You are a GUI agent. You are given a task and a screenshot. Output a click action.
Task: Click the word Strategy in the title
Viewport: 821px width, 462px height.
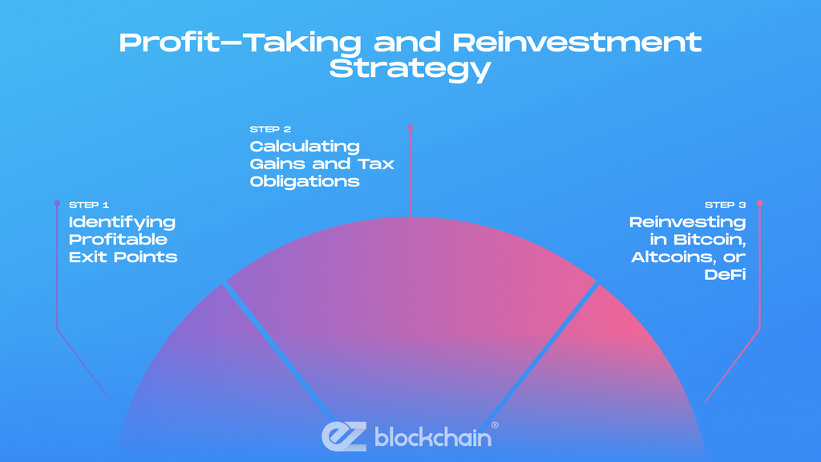[410, 68]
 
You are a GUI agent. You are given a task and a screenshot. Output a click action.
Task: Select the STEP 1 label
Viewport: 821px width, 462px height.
[88, 205]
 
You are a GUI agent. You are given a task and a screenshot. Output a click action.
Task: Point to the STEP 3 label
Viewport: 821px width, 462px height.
[725, 205]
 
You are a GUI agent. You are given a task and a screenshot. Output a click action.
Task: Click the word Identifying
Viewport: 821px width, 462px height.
[122, 222]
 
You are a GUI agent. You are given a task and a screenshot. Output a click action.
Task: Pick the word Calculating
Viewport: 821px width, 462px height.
[305, 146]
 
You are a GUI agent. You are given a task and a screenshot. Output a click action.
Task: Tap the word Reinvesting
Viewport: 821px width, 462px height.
[687, 222]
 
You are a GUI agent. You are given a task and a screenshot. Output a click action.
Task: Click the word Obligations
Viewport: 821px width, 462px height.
[305, 181]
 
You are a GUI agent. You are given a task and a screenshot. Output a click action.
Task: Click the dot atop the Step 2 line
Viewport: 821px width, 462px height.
[410, 127]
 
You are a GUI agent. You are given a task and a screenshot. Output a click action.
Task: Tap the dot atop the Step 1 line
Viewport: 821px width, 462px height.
[56, 203]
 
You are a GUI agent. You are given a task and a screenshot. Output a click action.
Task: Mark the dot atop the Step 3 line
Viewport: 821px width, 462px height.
[759, 203]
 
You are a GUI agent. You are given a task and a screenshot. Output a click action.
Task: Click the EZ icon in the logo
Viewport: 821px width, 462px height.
[344, 436]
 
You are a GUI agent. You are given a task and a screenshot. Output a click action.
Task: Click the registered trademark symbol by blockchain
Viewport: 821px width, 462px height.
[494, 424]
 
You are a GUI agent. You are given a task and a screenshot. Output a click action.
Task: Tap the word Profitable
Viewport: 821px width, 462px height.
[118, 240]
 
